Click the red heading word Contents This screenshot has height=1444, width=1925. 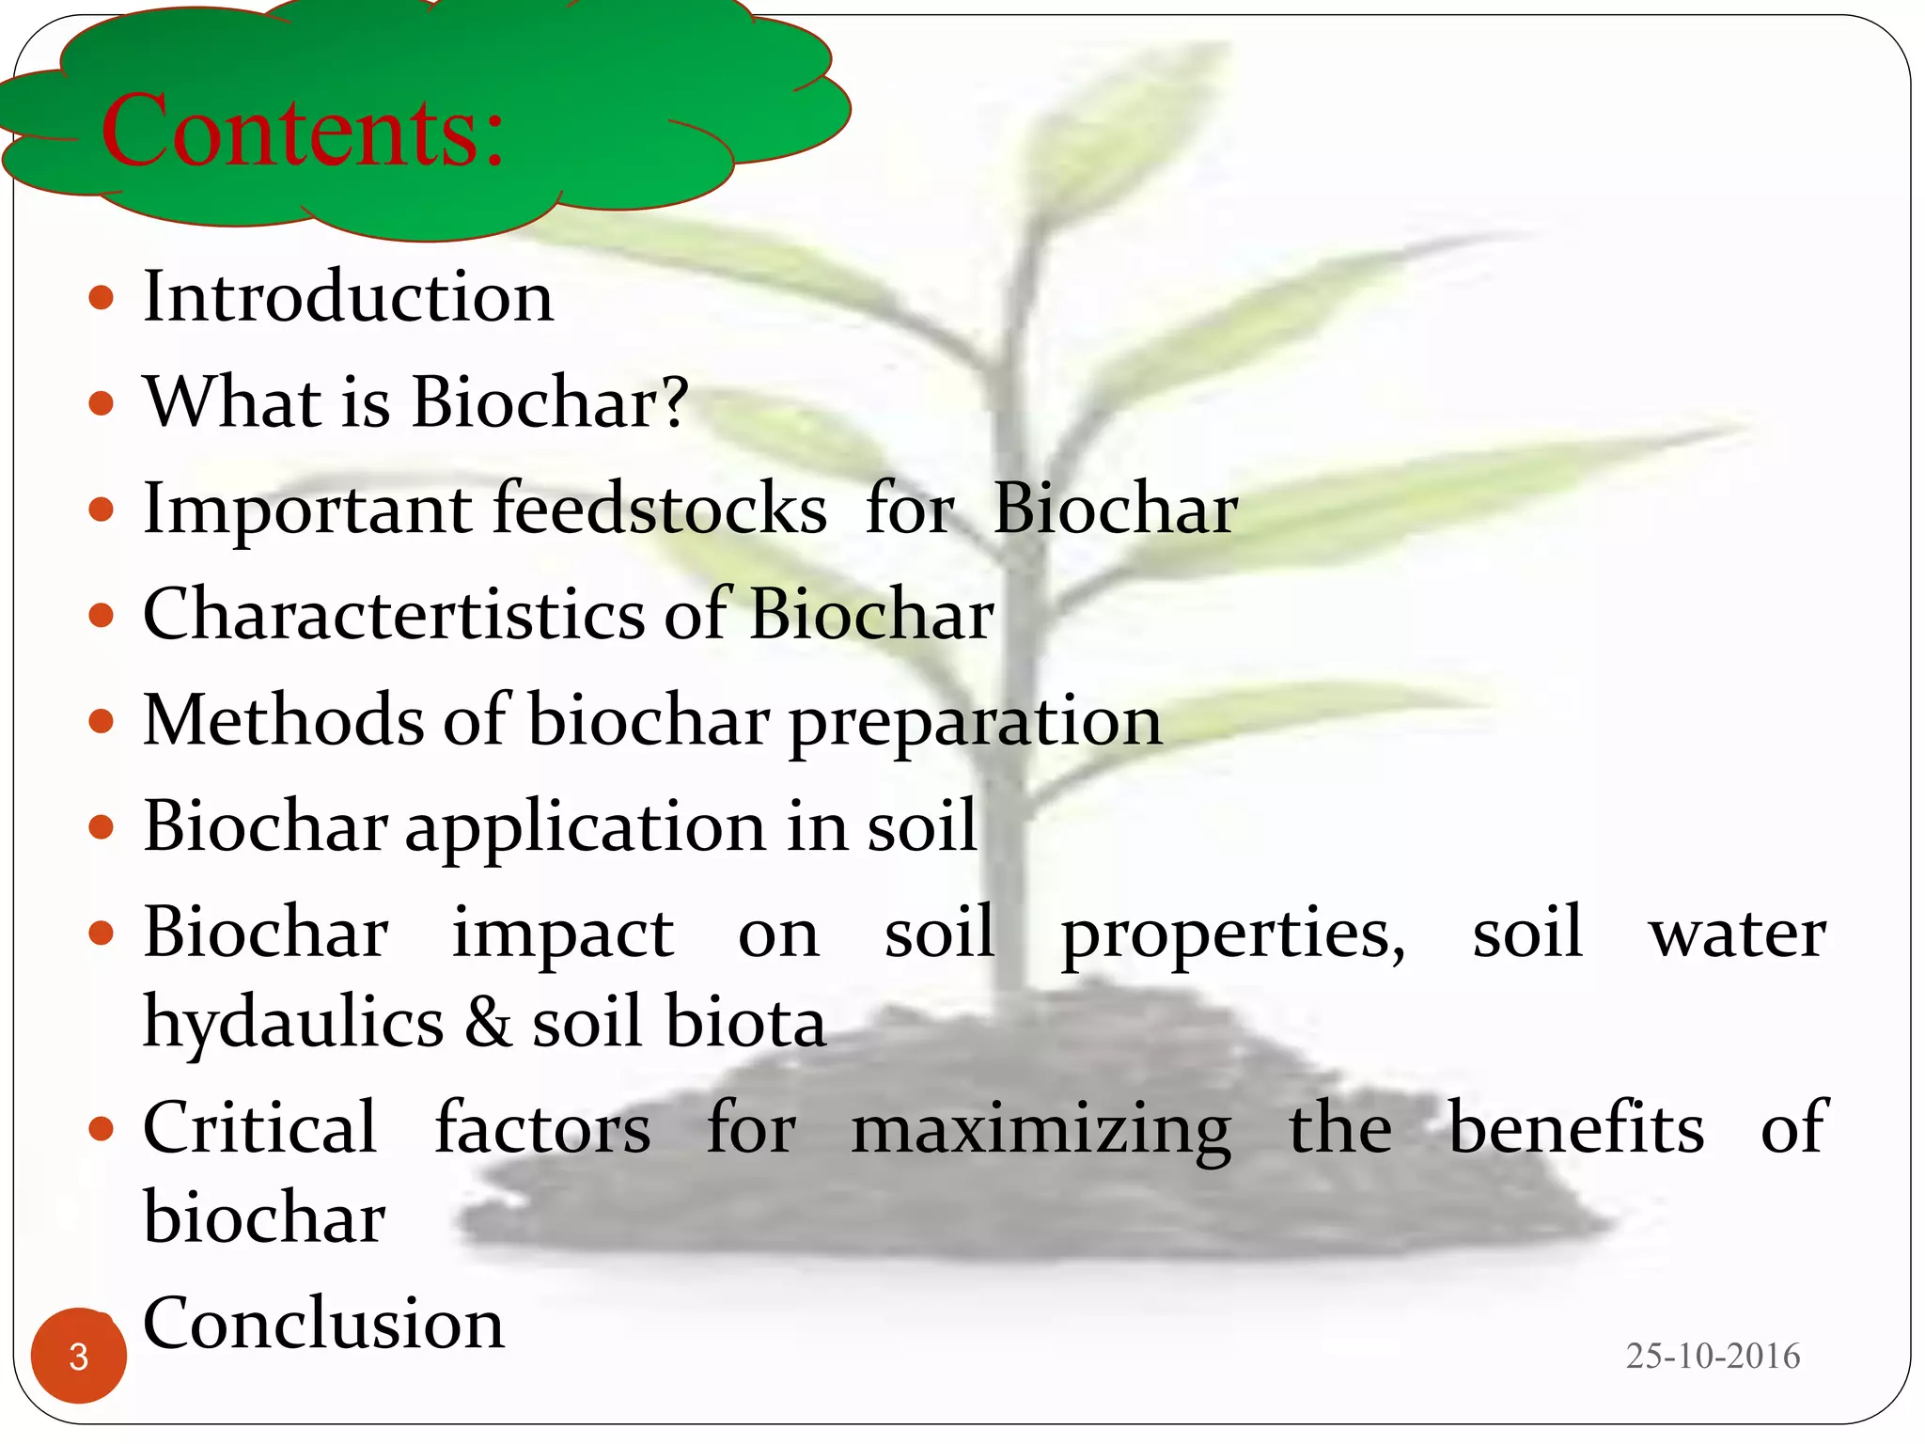tap(303, 132)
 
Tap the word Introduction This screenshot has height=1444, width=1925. tap(348, 297)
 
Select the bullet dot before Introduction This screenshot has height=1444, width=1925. tap(101, 299)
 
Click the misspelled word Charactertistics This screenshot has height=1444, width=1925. tap(395, 614)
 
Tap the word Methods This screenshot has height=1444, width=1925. tap(282, 720)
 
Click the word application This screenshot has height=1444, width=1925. tap(584, 827)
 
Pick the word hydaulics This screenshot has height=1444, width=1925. tap(293, 1023)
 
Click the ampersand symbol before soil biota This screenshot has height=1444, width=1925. tap(489, 1023)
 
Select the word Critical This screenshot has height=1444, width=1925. tap(260, 1127)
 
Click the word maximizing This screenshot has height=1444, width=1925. tap(1041, 1131)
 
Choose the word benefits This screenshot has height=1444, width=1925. tap(1575, 1127)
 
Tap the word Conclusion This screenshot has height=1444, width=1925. tap(323, 1323)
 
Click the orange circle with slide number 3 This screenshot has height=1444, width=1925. tap(79, 1356)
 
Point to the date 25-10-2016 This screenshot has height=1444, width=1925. tap(1713, 1356)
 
